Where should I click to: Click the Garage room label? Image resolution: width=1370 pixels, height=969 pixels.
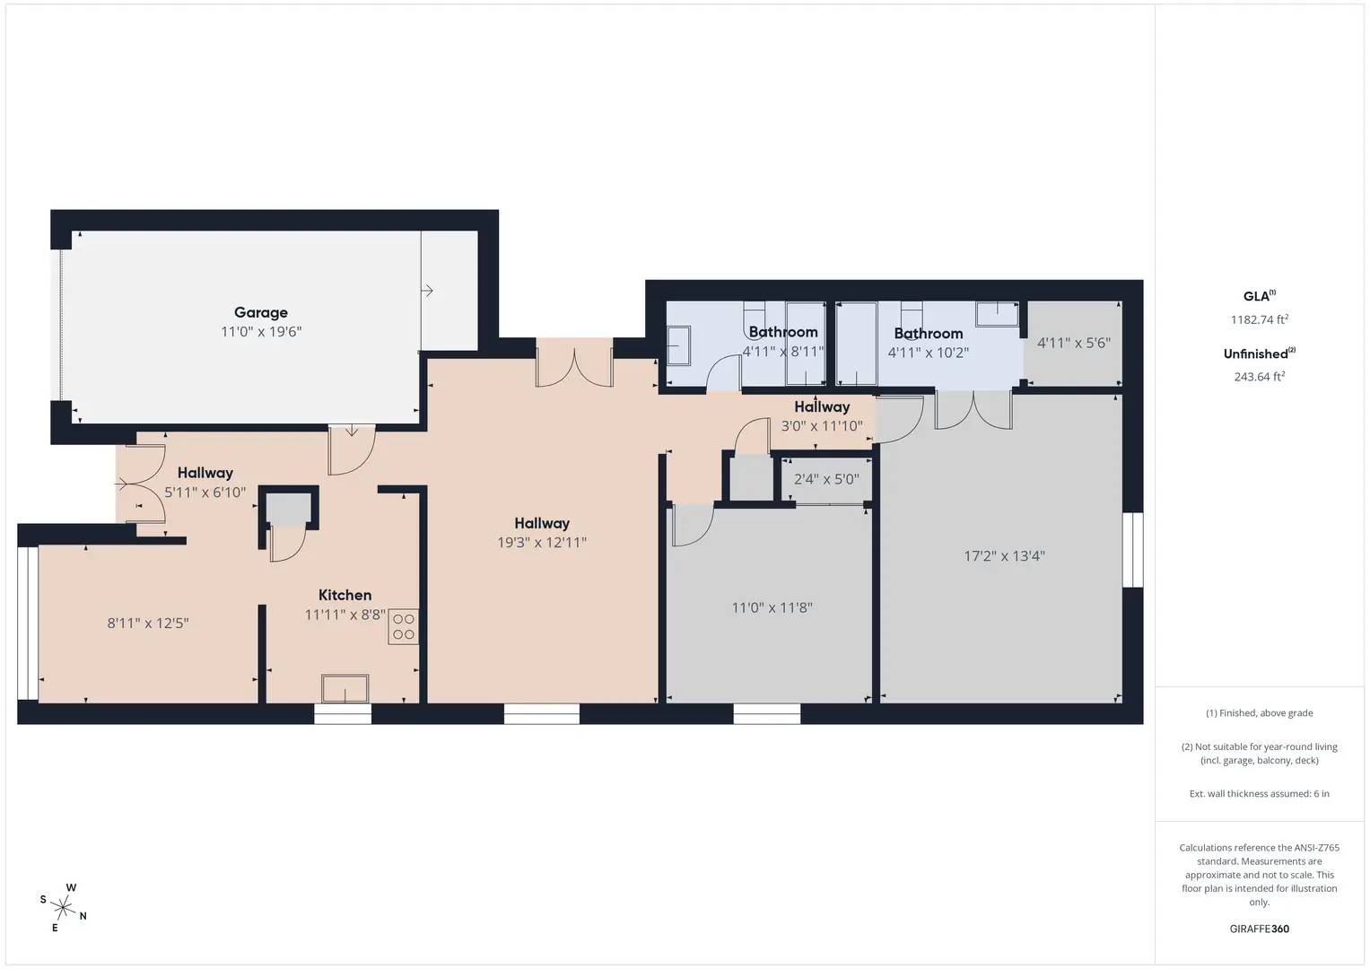pyautogui.click(x=261, y=312)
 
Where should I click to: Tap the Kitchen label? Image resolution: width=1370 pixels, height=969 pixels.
pyautogui.click(x=345, y=595)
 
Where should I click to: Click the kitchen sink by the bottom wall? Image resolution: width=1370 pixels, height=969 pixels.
pyautogui.click(x=345, y=689)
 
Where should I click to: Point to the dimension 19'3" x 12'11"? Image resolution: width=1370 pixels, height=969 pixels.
pyautogui.click(x=542, y=542)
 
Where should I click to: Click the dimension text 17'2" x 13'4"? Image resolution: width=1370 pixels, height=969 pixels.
pyautogui.click(x=1004, y=556)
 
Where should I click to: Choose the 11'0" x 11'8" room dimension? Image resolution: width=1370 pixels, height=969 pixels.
pyautogui.click(x=772, y=607)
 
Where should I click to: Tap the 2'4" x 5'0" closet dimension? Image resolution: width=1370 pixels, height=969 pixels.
pyautogui.click(x=826, y=479)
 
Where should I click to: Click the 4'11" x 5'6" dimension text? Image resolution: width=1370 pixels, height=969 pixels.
pyautogui.click(x=1074, y=343)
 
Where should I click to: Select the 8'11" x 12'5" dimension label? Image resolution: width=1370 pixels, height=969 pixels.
pyautogui.click(x=148, y=623)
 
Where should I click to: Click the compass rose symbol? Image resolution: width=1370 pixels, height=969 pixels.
pyautogui.click(x=63, y=906)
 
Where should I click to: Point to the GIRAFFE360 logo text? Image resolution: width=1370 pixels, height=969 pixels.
pyautogui.click(x=1259, y=929)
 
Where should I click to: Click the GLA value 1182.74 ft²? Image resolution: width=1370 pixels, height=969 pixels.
pyautogui.click(x=1259, y=319)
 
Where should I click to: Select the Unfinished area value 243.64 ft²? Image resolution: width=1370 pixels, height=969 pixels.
pyautogui.click(x=1259, y=377)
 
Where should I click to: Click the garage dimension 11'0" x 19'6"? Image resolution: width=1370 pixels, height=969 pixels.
pyautogui.click(x=261, y=332)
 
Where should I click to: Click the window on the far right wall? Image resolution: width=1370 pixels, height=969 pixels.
pyautogui.click(x=1133, y=550)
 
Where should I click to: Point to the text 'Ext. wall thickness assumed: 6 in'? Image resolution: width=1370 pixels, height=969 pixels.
pyautogui.click(x=1259, y=793)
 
